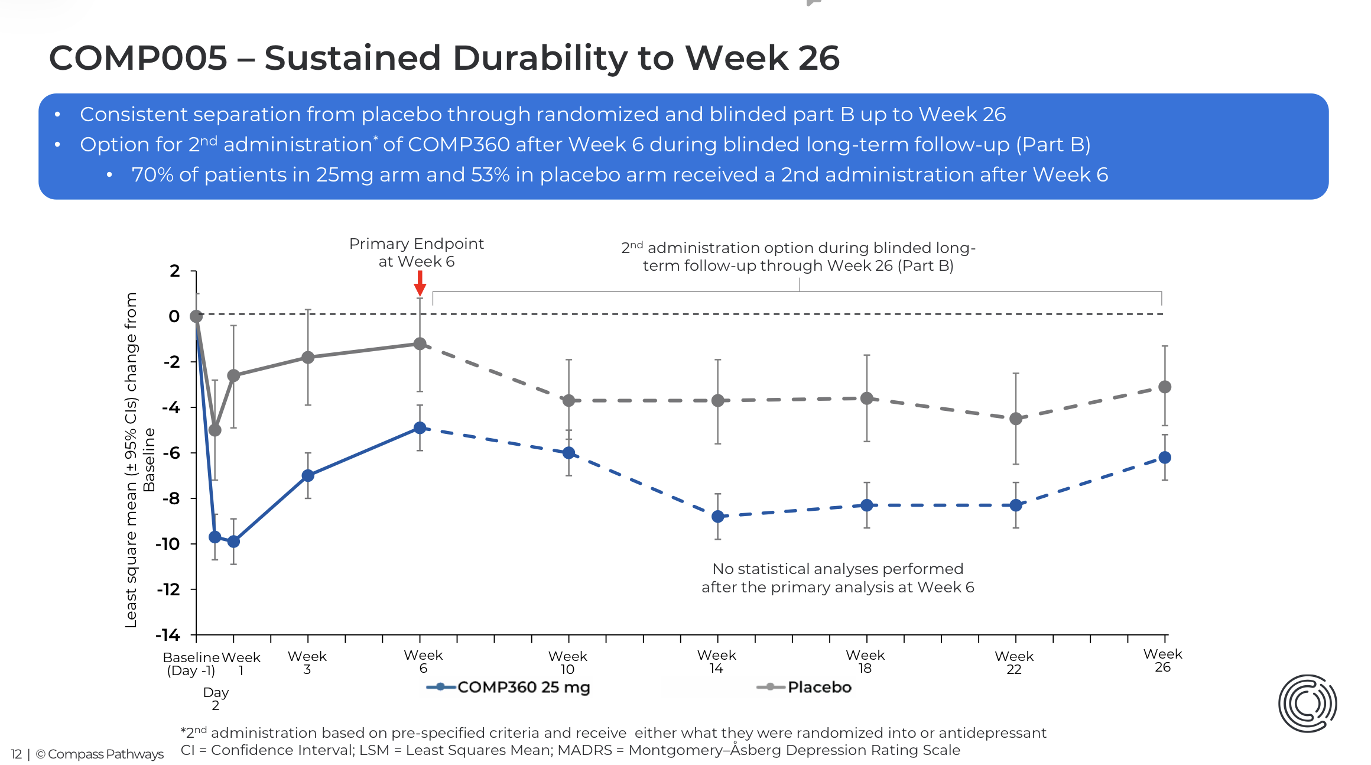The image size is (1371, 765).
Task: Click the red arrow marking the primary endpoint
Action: tap(420, 283)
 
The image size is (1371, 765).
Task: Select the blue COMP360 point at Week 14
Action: tap(717, 516)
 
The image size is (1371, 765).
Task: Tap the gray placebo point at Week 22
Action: tap(1015, 419)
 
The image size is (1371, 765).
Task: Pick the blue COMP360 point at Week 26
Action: tap(1164, 457)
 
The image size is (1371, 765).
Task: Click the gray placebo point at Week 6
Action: tap(420, 343)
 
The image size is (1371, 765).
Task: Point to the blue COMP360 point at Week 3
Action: tap(307, 475)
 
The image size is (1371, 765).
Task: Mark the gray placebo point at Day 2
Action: tap(215, 430)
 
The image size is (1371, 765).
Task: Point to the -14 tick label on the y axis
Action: tap(168, 635)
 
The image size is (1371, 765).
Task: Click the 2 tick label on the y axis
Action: tap(174, 271)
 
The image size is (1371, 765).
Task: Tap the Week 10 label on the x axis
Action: tap(567, 663)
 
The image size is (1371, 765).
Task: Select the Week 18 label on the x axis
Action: tap(865, 662)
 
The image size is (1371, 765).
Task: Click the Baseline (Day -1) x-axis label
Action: tap(191, 663)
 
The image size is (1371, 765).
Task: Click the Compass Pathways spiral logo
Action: tap(1307, 703)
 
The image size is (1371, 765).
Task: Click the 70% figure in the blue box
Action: tap(152, 175)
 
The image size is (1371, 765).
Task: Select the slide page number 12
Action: tap(16, 754)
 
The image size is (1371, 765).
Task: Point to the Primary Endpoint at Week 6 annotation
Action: tap(416, 252)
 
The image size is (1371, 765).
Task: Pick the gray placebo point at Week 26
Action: tap(1164, 387)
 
